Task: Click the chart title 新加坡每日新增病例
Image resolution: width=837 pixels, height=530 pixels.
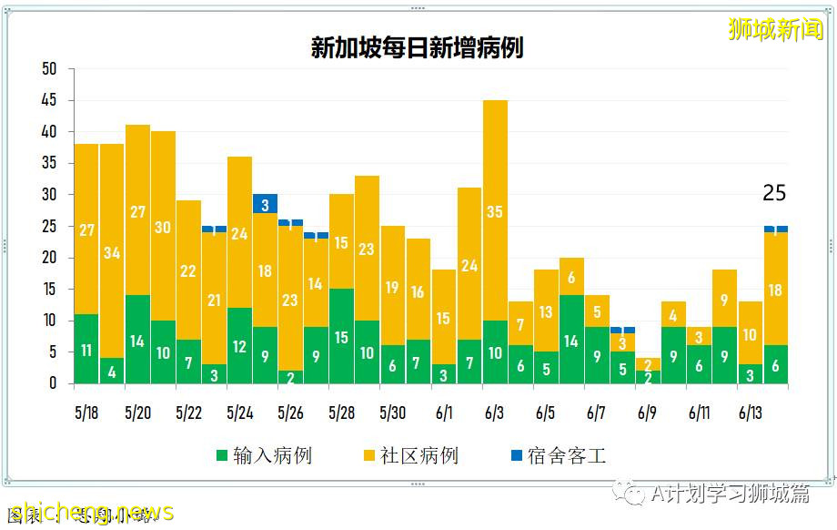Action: point(418,48)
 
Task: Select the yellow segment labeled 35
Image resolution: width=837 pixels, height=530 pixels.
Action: point(495,210)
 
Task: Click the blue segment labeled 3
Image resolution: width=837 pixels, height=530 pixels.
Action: point(265,204)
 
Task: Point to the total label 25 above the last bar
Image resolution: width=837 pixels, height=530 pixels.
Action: point(774,193)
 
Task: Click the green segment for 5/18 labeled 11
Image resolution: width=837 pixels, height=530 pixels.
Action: point(86,350)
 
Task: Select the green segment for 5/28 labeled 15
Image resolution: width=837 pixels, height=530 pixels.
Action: point(342,337)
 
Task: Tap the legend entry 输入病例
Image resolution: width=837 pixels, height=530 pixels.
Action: point(263,455)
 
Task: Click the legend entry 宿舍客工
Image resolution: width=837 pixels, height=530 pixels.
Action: point(556,455)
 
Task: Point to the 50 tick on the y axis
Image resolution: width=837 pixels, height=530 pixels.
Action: point(49,69)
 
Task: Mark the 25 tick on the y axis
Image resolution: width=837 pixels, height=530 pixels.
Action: point(49,227)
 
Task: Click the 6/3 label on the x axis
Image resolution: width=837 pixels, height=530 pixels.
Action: point(494,413)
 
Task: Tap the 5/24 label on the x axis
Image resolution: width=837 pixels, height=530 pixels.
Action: point(239,413)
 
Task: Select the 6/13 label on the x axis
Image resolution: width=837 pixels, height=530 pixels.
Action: point(750,413)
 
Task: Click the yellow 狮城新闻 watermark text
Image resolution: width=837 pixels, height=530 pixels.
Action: point(775,29)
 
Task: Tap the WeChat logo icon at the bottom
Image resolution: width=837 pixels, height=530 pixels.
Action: point(630,492)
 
